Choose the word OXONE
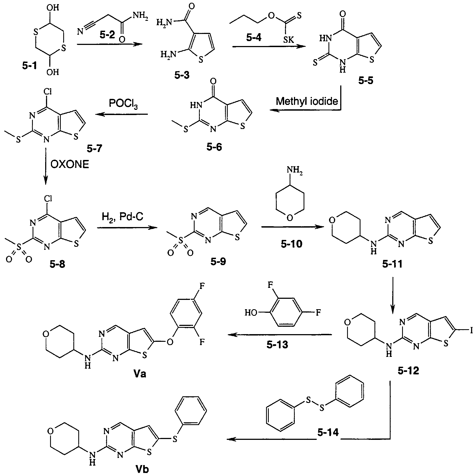pyautogui.click(x=70, y=165)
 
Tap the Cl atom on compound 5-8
pyautogui.click(x=47, y=198)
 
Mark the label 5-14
pyautogui.click(x=328, y=432)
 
